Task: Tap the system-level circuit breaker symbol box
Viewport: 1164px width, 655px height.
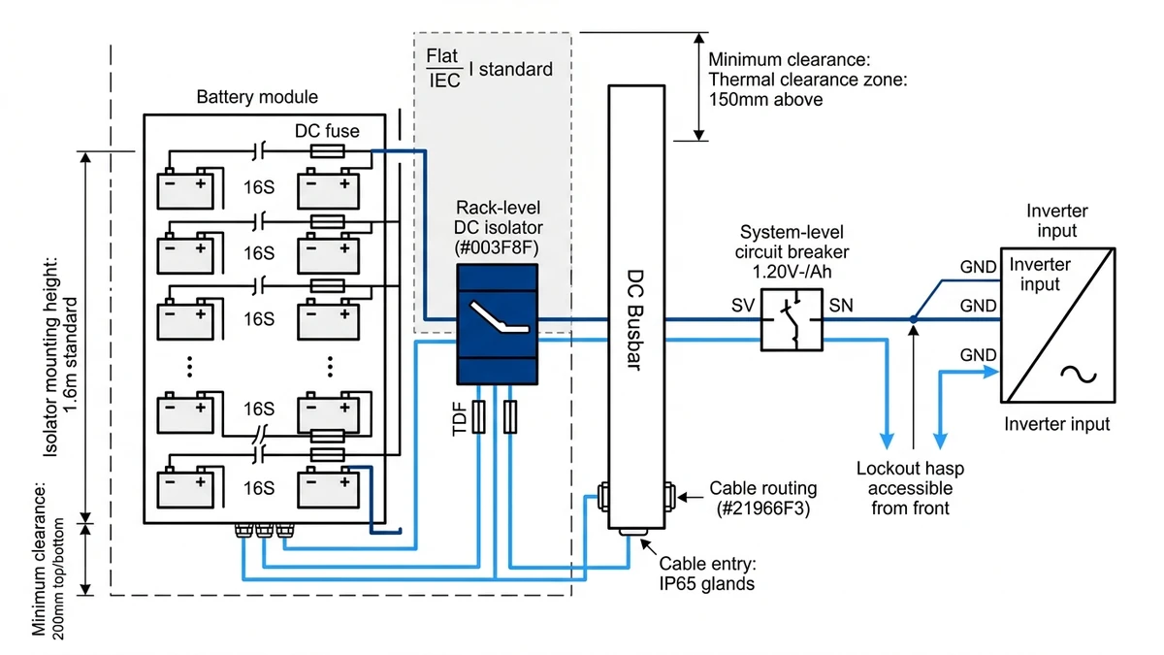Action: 792,318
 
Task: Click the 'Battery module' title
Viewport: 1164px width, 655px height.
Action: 257,97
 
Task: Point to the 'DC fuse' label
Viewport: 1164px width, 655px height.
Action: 328,130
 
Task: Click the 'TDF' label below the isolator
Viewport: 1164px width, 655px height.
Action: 460,417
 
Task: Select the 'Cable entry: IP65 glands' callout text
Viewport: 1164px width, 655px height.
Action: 707,573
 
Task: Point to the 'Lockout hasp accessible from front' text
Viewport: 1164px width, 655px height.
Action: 910,488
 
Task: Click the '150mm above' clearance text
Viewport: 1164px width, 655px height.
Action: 765,99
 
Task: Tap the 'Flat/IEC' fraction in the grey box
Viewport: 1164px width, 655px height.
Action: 444,69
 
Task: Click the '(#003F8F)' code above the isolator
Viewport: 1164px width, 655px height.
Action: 496,246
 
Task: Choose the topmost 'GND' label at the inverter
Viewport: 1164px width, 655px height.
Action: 978,266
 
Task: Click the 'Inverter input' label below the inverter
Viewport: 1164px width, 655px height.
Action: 1056,424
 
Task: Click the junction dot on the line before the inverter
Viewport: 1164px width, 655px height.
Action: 914,318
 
